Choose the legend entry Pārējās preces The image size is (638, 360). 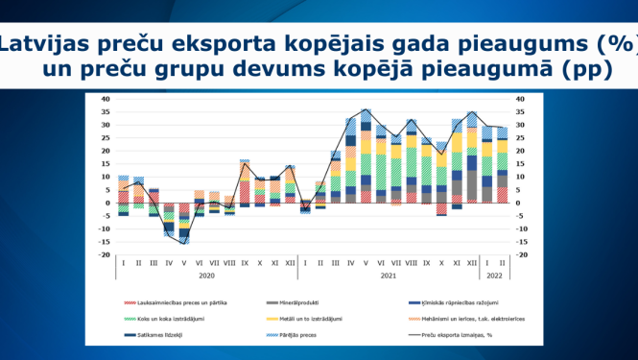tap(293, 334)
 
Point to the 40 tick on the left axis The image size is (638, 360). tap(106, 99)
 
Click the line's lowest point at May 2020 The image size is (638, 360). tap(184, 244)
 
